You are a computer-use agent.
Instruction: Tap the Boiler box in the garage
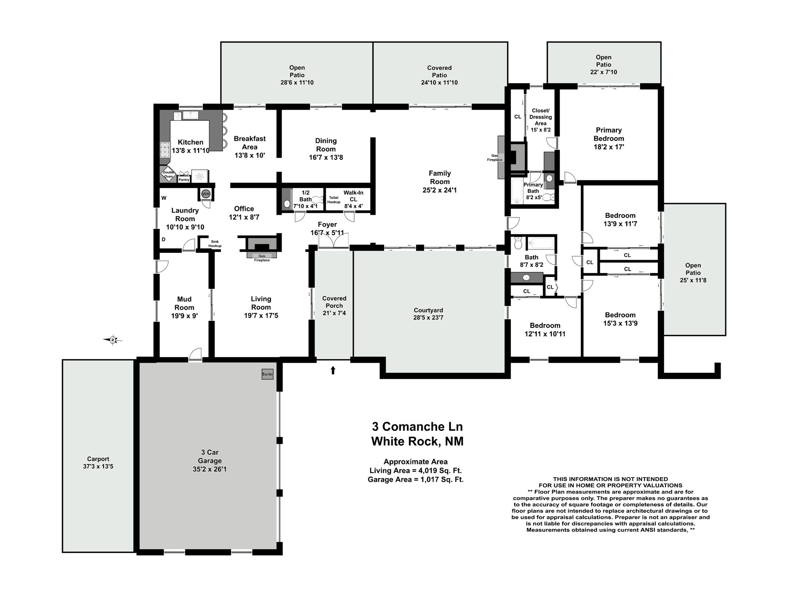tap(267, 374)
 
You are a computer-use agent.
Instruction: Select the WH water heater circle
tap(206, 194)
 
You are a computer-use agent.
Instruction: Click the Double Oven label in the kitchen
tap(168, 174)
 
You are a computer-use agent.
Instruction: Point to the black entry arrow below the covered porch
tap(333, 370)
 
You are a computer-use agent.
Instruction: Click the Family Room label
tap(440, 177)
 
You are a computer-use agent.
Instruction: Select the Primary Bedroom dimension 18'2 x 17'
tap(609, 147)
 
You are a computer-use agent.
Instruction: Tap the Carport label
tap(98, 459)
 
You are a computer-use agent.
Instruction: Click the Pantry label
tap(184, 180)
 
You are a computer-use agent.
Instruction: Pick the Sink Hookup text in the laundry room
tap(215, 244)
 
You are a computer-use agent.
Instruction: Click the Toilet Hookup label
tap(334, 200)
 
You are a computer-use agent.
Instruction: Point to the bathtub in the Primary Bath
tap(516, 191)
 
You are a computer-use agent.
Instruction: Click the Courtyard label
tap(428, 310)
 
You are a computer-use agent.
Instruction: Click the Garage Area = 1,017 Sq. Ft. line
tap(416, 479)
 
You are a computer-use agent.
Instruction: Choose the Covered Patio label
tap(439, 71)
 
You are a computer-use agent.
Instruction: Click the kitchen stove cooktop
tap(165, 149)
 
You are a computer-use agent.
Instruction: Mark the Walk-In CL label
tap(353, 196)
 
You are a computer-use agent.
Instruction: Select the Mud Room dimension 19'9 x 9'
tap(184, 316)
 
